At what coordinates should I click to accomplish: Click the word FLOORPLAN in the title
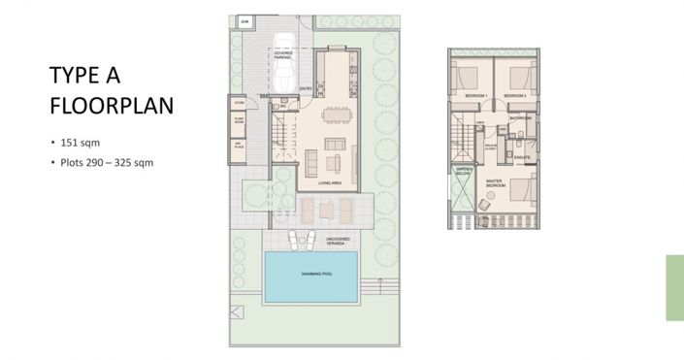112,105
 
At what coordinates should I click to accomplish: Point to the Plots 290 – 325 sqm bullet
106,162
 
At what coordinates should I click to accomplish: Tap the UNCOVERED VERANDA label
339,240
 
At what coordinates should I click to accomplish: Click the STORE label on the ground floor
238,100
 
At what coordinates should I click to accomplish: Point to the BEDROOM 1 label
474,96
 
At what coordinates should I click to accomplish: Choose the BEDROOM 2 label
514,96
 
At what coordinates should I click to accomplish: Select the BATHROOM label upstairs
520,117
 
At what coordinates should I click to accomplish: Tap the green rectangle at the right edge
674,287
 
